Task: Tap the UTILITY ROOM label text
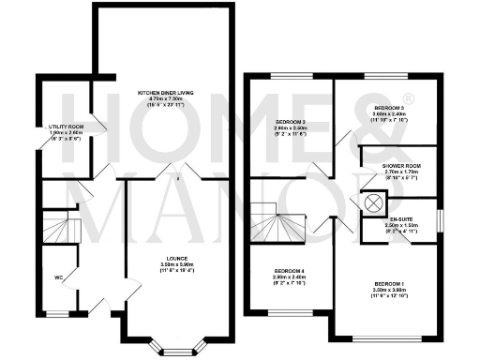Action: point(66,126)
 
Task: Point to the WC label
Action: point(58,277)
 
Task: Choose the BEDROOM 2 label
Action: point(291,122)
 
